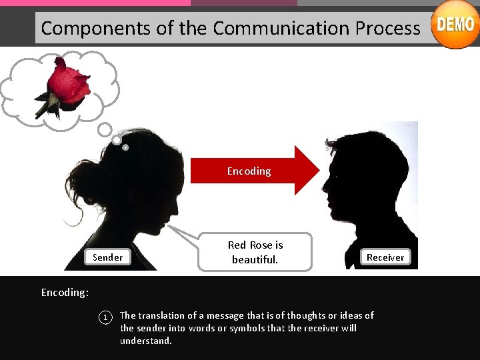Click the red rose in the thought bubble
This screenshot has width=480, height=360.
click(x=66, y=87)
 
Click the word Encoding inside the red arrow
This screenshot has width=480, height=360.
click(x=249, y=171)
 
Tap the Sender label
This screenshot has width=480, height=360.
click(x=107, y=257)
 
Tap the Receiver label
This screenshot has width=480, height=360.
click(x=385, y=257)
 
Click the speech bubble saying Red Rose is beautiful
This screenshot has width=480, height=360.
click(x=255, y=252)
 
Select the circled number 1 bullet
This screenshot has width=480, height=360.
click(x=104, y=317)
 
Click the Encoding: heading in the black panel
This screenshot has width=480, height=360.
click(x=65, y=292)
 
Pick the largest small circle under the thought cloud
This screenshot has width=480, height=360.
click(x=105, y=128)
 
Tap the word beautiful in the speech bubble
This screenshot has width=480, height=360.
click(x=255, y=259)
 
